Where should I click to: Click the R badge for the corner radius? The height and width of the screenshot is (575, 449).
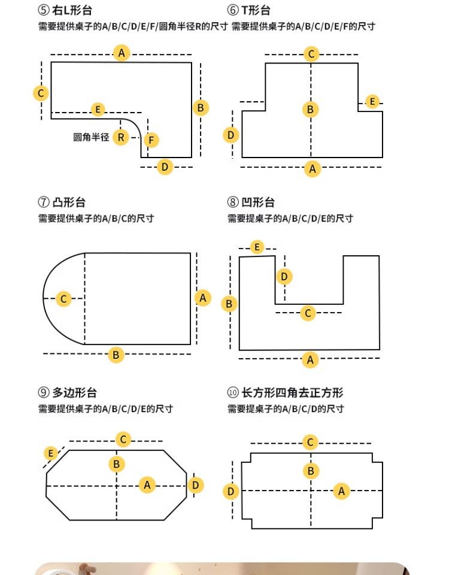point(120,138)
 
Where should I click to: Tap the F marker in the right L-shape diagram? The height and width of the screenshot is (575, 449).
point(151,140)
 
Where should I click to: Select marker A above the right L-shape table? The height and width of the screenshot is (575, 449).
point(122,53)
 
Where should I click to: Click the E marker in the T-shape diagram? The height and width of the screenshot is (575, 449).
point(372,102)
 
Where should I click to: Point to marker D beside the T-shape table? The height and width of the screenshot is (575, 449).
point(231,135)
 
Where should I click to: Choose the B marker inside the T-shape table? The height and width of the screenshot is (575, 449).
point(311,109)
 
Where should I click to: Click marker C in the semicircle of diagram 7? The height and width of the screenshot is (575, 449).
point(63,299)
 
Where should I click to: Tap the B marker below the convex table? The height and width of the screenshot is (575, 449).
point(116,355)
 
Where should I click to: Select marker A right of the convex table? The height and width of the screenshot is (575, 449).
point(203,298)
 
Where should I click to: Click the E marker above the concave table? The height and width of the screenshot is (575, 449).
point(257,247)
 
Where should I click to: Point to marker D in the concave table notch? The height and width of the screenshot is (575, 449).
point(284,277)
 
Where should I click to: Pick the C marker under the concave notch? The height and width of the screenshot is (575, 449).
point(308,313)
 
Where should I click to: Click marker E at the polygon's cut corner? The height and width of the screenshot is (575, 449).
point(51,453)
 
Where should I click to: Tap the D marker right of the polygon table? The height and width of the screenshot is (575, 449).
point(195,485)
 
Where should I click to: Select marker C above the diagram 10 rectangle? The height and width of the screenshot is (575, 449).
point(310,442)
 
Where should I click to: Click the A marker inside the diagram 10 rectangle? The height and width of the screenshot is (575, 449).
point(342,491)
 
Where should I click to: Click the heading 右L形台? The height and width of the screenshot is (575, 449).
point(72,10)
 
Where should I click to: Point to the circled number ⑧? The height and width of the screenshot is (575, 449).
point(233,202)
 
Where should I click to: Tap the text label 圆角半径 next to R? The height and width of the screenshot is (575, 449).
point(91,137)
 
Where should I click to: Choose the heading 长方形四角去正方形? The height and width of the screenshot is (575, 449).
point(292,393)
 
